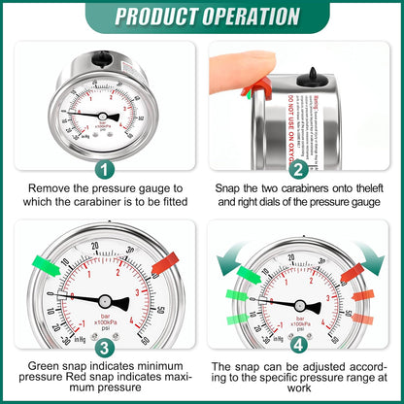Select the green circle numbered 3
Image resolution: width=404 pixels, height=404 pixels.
click(104, 344)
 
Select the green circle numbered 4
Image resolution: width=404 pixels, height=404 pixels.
click(299, 344)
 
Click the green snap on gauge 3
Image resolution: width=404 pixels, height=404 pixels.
click(45, 263)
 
